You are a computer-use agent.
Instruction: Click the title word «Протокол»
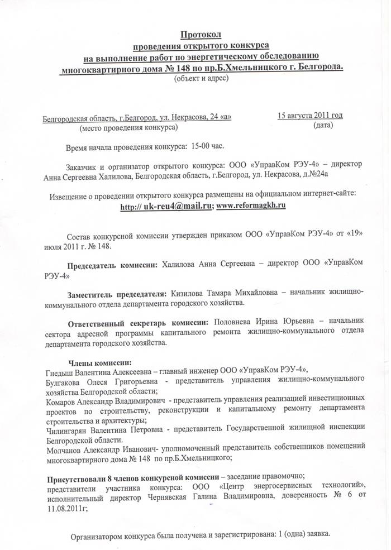(x=202, y=35)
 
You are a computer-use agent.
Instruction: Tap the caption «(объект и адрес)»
(x=202, y=78)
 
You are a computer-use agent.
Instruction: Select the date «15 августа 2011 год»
(x=310, y=116)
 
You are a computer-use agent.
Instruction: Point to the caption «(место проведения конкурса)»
(x=129, y=128)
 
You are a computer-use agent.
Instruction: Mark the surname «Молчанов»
(x=63, y=449)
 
